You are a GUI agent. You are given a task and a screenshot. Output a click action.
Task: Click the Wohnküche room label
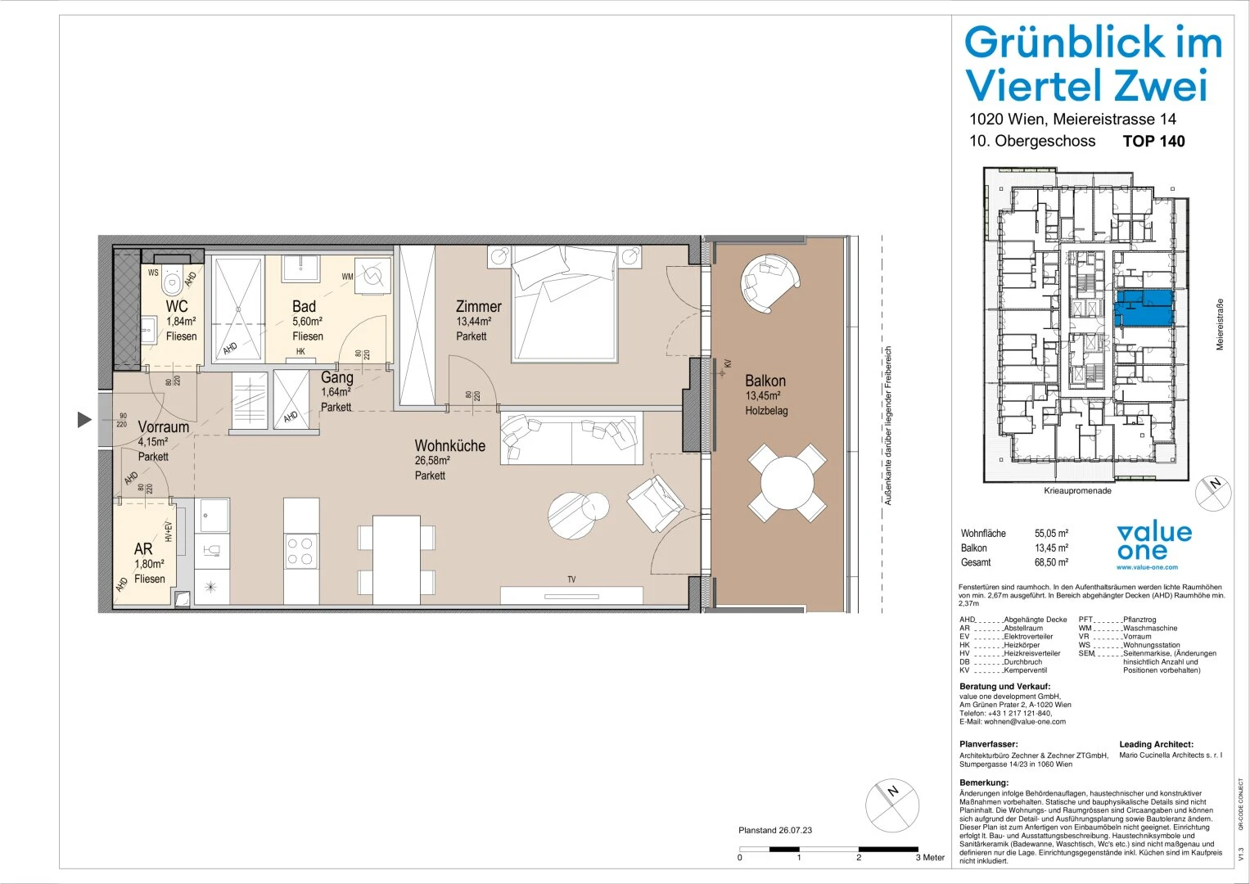coord(449,446)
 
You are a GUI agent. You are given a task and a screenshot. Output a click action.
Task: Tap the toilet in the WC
coord(172,283)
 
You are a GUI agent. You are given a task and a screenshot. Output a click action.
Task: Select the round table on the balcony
coord(787,483)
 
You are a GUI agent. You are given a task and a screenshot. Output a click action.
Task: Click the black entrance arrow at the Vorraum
coord(84,420)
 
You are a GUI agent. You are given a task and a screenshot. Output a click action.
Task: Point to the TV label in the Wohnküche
coord(571,580)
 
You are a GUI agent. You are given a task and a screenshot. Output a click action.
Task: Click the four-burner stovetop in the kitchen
coord(300,550)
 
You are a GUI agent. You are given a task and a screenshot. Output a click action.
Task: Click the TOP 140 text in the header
coord(1153,141)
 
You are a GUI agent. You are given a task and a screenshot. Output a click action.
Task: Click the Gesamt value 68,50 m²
coord(1051,562)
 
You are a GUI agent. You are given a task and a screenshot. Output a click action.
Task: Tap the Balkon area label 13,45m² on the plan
coord(765,396)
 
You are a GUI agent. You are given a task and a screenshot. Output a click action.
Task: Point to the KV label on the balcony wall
coord(727,364)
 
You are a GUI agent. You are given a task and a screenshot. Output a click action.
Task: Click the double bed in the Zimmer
coord(564,307)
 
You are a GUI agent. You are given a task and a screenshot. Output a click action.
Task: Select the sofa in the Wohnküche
coord(571,437)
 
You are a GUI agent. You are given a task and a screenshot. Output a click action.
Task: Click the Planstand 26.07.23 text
coord(774,830)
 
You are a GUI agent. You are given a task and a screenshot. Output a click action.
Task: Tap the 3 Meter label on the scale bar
coord(930,858)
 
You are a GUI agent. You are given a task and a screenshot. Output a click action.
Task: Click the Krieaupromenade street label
coord(1077,491)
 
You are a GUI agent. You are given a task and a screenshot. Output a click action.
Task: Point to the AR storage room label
coord(143,549)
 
